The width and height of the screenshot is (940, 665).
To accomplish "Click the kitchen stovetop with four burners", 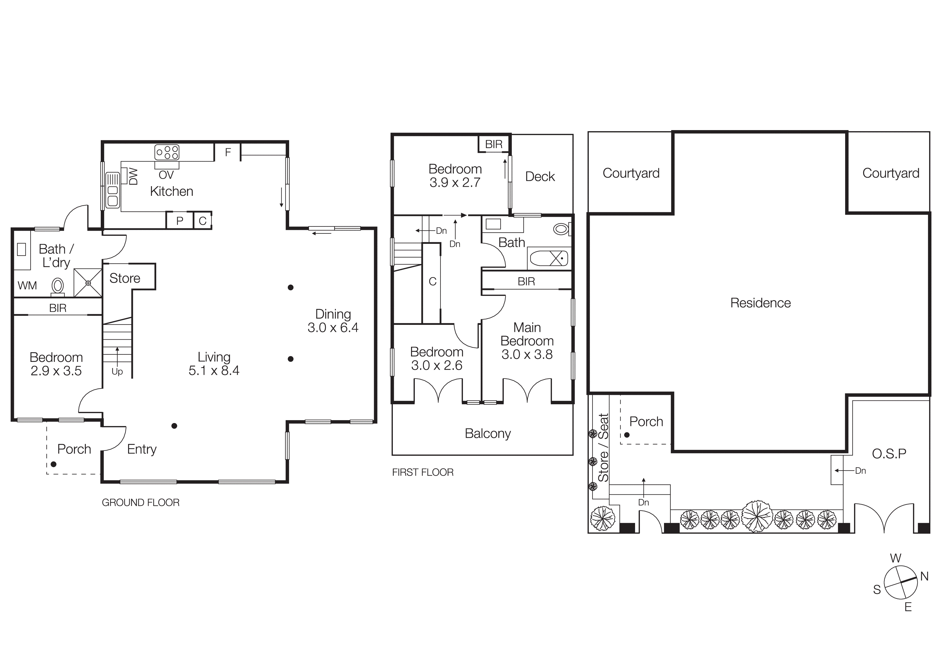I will (167, 152).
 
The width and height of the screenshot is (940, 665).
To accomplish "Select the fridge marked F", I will (228, 152).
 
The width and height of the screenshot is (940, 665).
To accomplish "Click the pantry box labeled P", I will (179, 221).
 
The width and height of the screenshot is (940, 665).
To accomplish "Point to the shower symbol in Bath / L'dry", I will (88, 283).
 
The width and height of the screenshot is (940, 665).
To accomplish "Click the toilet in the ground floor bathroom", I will (58, 286).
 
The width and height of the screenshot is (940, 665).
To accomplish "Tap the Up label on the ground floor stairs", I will (117, 372).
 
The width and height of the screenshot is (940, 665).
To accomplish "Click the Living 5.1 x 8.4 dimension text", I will (214, 370).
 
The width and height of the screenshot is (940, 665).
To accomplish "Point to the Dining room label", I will (333, 314).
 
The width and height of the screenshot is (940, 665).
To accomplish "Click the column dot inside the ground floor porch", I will (54, 464).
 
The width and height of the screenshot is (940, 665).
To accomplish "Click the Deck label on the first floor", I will (540, 177).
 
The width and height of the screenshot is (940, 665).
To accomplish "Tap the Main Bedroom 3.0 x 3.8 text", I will (527, 341).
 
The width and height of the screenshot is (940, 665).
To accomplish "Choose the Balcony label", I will (488, 433).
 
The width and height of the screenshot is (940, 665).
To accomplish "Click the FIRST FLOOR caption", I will (423, 472).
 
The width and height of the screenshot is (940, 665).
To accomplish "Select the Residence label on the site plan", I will (760, 303).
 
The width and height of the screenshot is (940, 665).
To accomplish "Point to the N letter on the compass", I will (924, 576).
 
